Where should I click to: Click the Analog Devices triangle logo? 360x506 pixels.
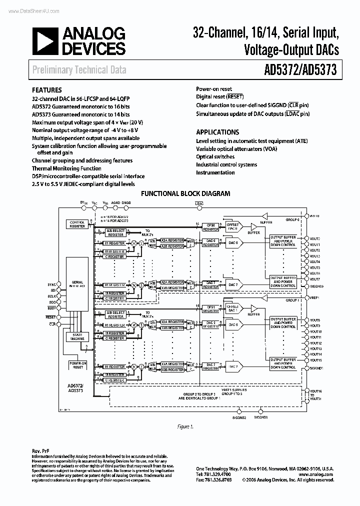coord(45,41)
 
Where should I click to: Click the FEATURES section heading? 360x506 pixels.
coord(47,90)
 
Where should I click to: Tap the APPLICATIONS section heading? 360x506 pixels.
coord(217,132)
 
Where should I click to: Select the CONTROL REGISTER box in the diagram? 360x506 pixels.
coord(77,224)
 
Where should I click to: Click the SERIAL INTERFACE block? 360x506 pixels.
coord(77,284)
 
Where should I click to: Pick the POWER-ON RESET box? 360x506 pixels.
coord(77,365)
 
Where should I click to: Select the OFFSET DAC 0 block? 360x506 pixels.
coord(233,226)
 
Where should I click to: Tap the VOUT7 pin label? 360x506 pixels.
coord(314,279)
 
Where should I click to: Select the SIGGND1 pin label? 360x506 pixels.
coord(316,367)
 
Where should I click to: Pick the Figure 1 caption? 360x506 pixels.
coord(184,426)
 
